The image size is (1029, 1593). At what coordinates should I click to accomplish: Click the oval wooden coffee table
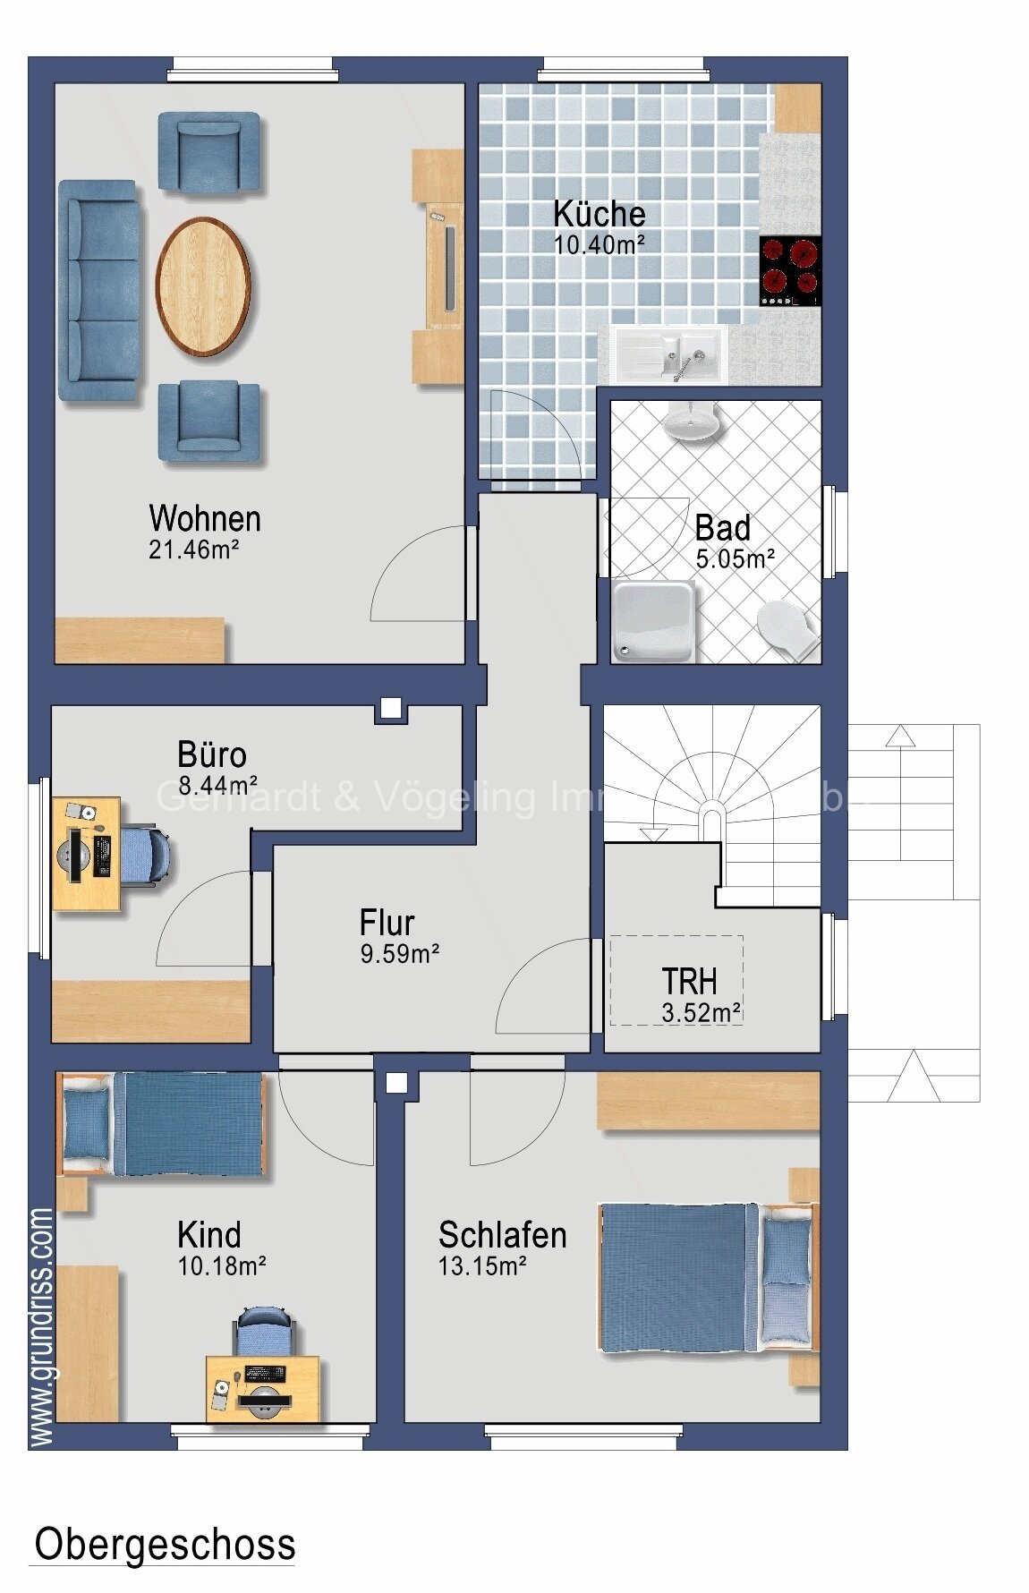pyautogui.click(x=203, y=286)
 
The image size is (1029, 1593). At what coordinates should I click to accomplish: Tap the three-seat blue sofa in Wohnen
pyautogui.click(x=99, y=291)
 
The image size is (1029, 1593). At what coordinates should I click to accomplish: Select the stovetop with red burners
pyautogui.click(x=790, y=270)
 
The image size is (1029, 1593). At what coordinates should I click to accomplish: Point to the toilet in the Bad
pyautogui.click(x=787, y=627)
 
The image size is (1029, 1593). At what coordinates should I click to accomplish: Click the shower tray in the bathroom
pyautogui.click(x=654, y=621)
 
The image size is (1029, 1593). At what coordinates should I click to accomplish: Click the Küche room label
pyautogui.click(x=599, y=214)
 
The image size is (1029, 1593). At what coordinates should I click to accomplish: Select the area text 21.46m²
pyautogui.click(x=193, y=549)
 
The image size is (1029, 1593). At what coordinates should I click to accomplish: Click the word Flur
pyautogui.click(x=387, y=923)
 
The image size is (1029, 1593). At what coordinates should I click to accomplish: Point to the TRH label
pyautogui.click(x=689, y=982)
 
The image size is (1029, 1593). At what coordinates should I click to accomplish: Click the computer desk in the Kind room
pyautogui.click(x=263, y=1388)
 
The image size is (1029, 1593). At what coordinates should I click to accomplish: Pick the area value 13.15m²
pyautogui.click(x=481, y=1266)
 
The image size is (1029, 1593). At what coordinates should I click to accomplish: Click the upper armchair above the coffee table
pyautogui.click(x=209, y=151)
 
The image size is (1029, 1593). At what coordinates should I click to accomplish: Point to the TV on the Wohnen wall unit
pyautogui.click(x=450, y=268)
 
